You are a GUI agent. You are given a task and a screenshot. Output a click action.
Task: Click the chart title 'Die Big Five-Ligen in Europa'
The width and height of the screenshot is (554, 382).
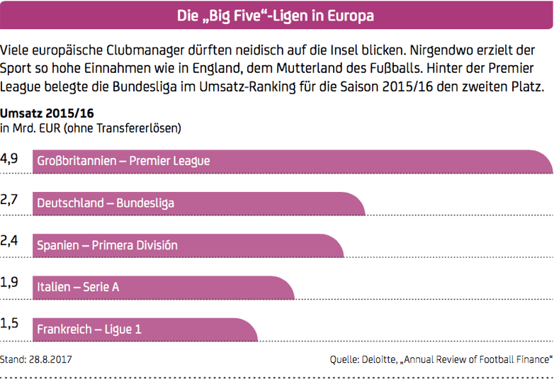point(276,16)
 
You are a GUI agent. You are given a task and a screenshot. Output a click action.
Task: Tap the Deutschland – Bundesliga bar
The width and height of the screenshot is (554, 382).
point(199,203)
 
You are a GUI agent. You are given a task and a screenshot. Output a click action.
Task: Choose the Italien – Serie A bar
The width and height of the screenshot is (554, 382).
point(164,287)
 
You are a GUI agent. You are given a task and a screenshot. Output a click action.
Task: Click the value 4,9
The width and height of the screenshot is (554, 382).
point(9,159)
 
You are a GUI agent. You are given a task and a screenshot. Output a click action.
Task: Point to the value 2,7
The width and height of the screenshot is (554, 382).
point(9,201)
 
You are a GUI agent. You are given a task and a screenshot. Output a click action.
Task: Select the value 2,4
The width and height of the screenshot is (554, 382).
point(9,242)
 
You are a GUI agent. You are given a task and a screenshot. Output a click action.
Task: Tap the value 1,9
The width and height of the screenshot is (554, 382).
point(9,283)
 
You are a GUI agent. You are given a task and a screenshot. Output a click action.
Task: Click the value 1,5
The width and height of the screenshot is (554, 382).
point(9,325)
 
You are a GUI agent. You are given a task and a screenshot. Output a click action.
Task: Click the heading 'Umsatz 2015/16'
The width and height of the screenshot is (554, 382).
point(47,113)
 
